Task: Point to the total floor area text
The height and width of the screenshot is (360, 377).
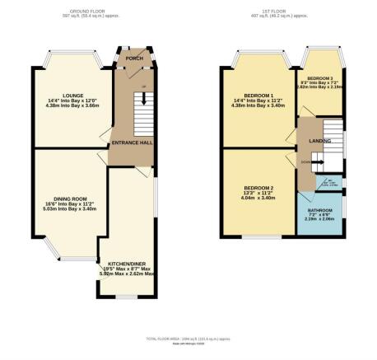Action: click(x=188, y=339)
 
